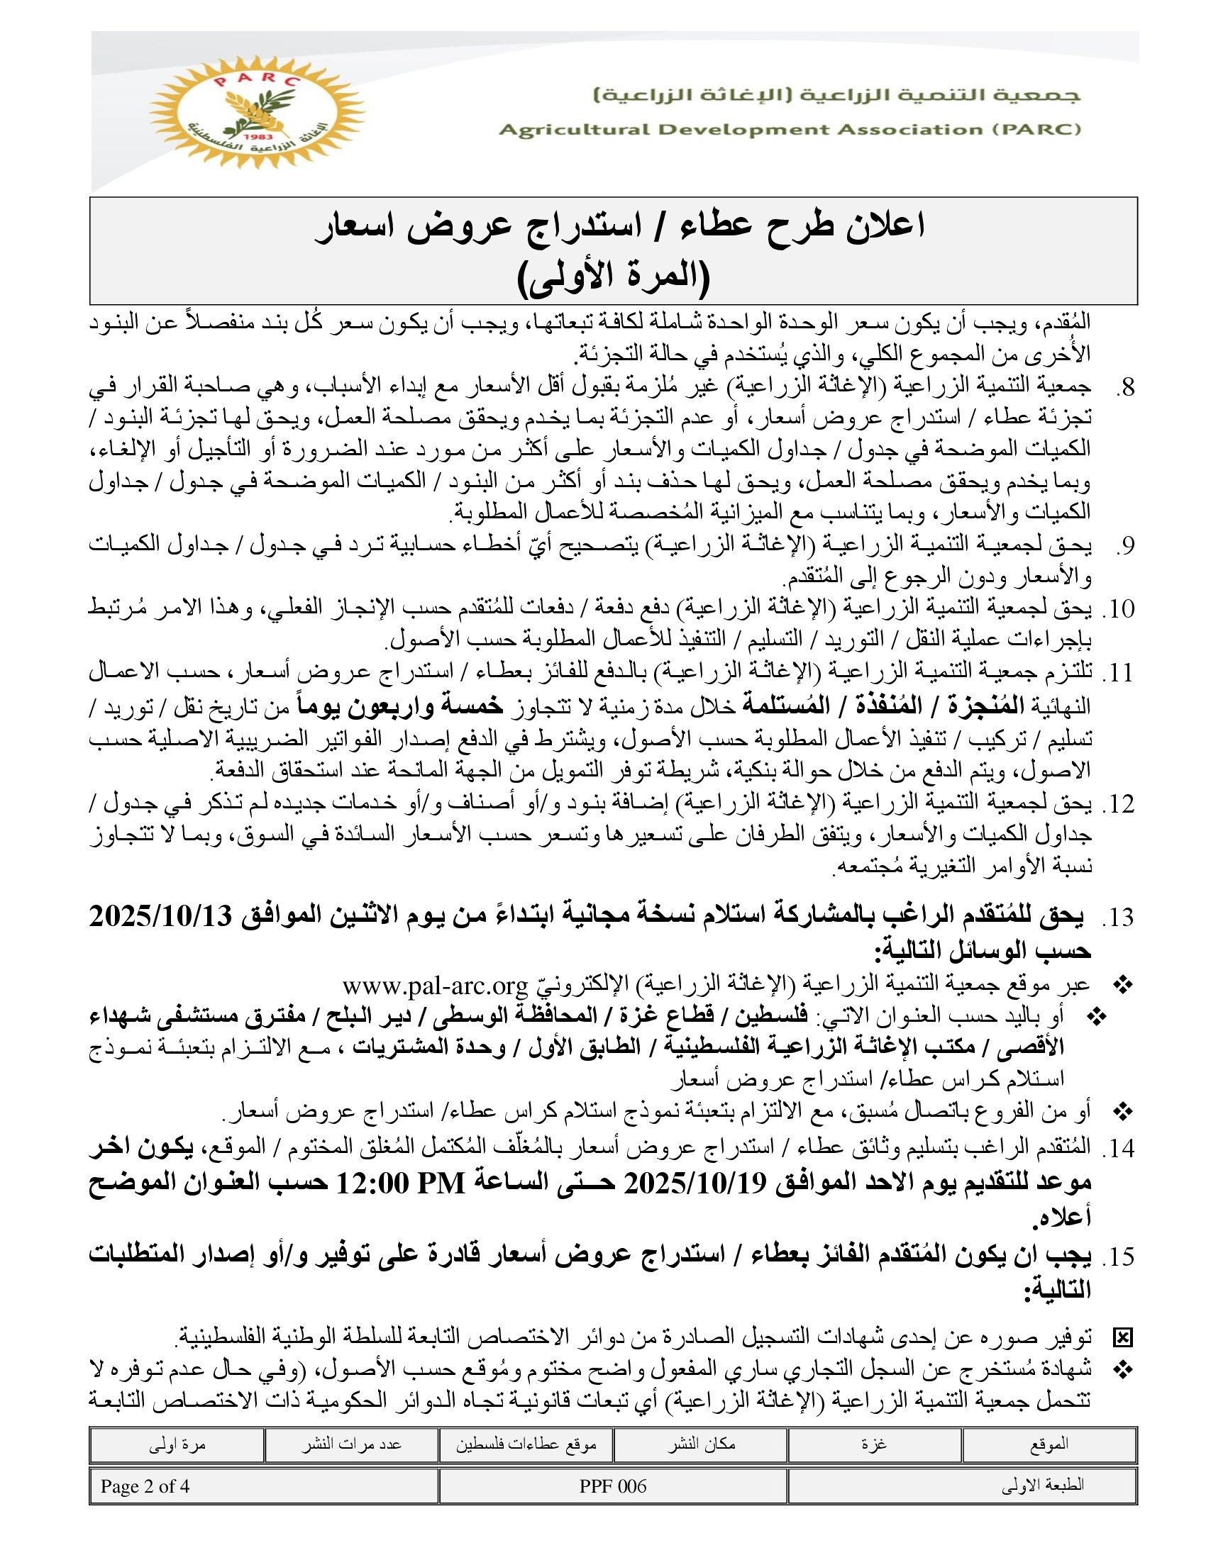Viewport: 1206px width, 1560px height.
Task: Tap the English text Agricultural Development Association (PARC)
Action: (x=790, y=129)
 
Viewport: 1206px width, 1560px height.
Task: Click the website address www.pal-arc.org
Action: (x=434, y=986)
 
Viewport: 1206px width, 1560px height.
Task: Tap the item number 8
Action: (x=1125, y=388)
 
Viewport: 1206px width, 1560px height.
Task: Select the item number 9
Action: (x=1125, y=545)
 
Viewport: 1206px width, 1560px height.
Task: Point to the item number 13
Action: (x=1119, y=917)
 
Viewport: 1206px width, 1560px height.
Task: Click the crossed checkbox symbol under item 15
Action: (x=1122, y=1337)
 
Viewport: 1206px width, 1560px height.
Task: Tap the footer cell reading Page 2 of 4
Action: (x=145, y=1486)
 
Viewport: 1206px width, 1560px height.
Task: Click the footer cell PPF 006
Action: (x=613, y=1486)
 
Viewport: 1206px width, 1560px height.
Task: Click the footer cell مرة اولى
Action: (x=177, y=1444)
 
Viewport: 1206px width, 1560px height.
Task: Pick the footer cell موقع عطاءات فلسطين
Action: (x=526, y=1444)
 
